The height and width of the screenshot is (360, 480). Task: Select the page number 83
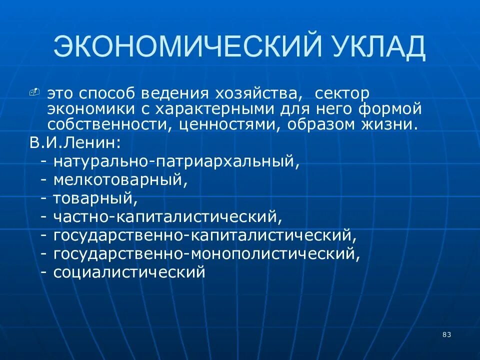[446, 334]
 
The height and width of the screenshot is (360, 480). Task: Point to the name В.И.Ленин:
[74, 142]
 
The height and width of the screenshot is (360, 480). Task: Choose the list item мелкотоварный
[120, 180]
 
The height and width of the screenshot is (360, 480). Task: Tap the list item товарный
[95, 198]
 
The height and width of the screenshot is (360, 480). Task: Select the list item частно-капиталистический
[168, 217]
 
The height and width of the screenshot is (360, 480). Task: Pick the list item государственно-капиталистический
[205, 235]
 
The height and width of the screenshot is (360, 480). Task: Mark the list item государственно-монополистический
[206, 254]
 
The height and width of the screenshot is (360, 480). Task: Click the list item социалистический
[129, 272]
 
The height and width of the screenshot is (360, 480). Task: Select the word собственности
[108, 124]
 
